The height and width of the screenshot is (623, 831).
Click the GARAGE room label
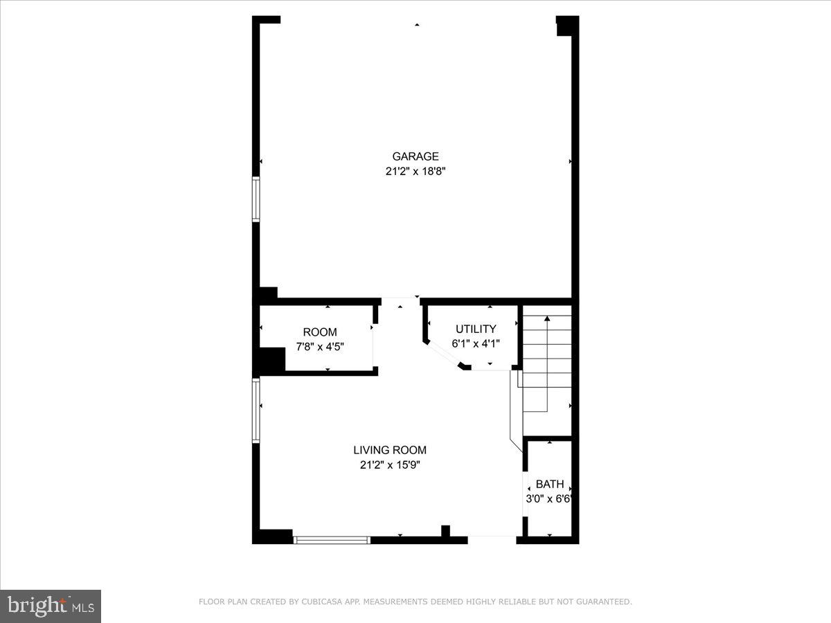tap(415, 156)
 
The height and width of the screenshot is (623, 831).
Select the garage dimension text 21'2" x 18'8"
tap(415, 171)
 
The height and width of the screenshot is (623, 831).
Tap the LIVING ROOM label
tap(390, 450)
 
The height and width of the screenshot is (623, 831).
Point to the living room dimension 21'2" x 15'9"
tap(390, 465)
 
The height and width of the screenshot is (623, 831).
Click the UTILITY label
tap(475, 329)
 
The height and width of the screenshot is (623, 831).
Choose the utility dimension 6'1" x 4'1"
tap(475, 343)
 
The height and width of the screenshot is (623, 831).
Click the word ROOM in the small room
tap(320, 332)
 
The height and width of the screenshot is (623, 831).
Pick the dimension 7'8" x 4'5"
tap(320, 347)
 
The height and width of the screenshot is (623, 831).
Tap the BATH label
tap(549, 484)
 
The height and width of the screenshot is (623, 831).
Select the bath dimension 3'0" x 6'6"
tap(551, 498)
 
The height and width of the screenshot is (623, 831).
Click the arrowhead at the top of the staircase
tap(547, 318)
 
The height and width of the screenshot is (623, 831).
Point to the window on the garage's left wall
tap(256, 200)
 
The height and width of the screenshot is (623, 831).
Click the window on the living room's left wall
tap(256, 410)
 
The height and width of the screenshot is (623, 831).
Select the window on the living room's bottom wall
tap(332, 539)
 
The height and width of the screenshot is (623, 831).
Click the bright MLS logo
tap(51, 606)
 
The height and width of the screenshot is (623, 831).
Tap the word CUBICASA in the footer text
tap(320, 602)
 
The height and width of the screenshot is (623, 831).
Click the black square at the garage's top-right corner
tap(566, 26)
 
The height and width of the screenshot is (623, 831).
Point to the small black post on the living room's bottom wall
tap(445, 532)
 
